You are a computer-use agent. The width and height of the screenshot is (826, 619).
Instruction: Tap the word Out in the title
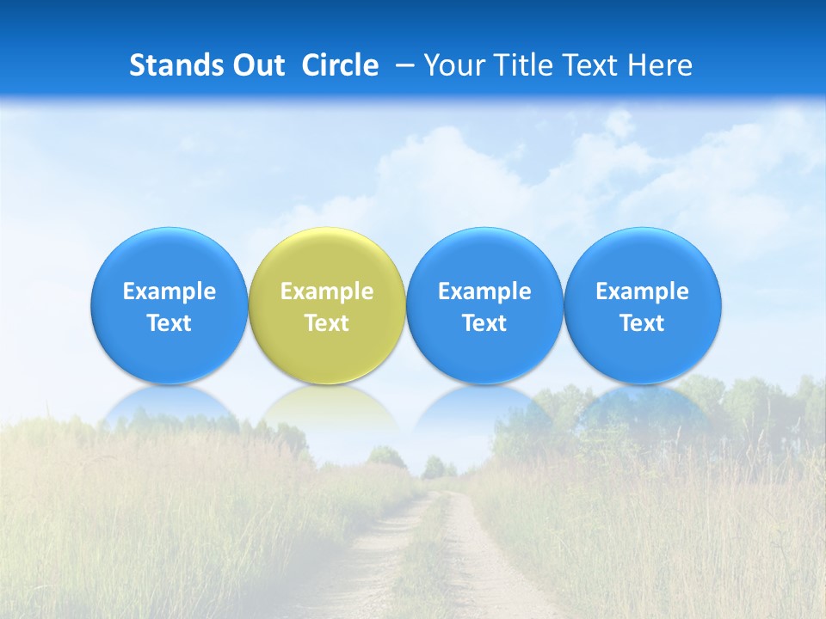pyautogui.click(x=257, y=65)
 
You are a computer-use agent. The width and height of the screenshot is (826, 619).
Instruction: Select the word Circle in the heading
pyautogui.click(x=340, y=65)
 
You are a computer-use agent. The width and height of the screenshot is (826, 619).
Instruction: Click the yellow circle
pyautogui.click(x=326, y=305)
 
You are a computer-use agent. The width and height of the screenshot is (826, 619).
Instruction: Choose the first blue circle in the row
pyautogui.click(x=169, y=305)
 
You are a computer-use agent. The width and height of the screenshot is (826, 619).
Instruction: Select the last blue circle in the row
pyautogui.click(x=642, y=305)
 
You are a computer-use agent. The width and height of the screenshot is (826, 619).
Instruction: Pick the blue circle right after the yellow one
pyautogui.click(x=484, y=305)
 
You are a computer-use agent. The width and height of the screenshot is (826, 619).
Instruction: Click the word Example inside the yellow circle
pyautogui.click(x=326, y=291)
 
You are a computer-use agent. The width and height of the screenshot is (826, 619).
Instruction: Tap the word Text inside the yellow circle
pyautogui.click(x=326, y=323)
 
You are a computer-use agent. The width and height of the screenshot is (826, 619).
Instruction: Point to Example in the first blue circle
pyautogui.click(x=169, y=291)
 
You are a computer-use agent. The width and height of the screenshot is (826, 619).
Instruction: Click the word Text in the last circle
pyautogui.click(x=642, y=323)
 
